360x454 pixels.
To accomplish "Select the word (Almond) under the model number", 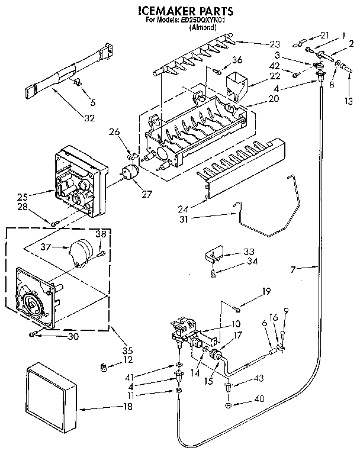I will (x=201, y=27).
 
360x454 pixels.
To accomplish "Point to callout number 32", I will (x=89, y=118).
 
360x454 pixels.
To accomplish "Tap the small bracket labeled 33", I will (x=214, y=253).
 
